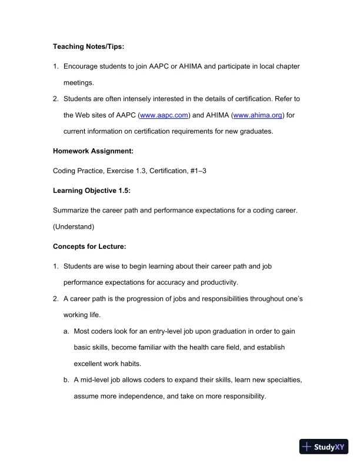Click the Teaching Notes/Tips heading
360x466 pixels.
pyautogui.click(x=88, y=46)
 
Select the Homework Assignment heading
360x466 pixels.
pyautogui.click(x=93, y=151)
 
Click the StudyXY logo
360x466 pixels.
pyautogui.click(x=324, y=447)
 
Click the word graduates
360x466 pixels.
pyautogui.click(x=256, y=131)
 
